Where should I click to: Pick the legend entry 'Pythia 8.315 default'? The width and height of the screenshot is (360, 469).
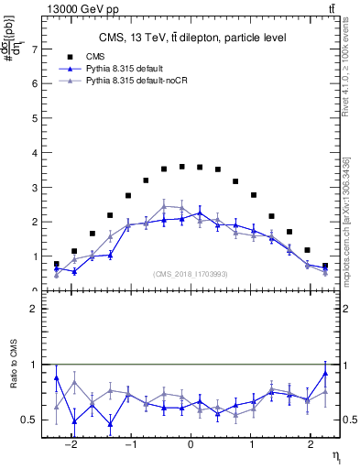(x=127, y=69)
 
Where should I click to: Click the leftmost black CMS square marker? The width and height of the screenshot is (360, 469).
(x=57, y=264)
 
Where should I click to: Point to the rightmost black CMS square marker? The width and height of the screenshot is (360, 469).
(x=325, y=266)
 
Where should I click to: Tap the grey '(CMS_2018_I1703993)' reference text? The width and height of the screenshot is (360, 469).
(x=191, y=275)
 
